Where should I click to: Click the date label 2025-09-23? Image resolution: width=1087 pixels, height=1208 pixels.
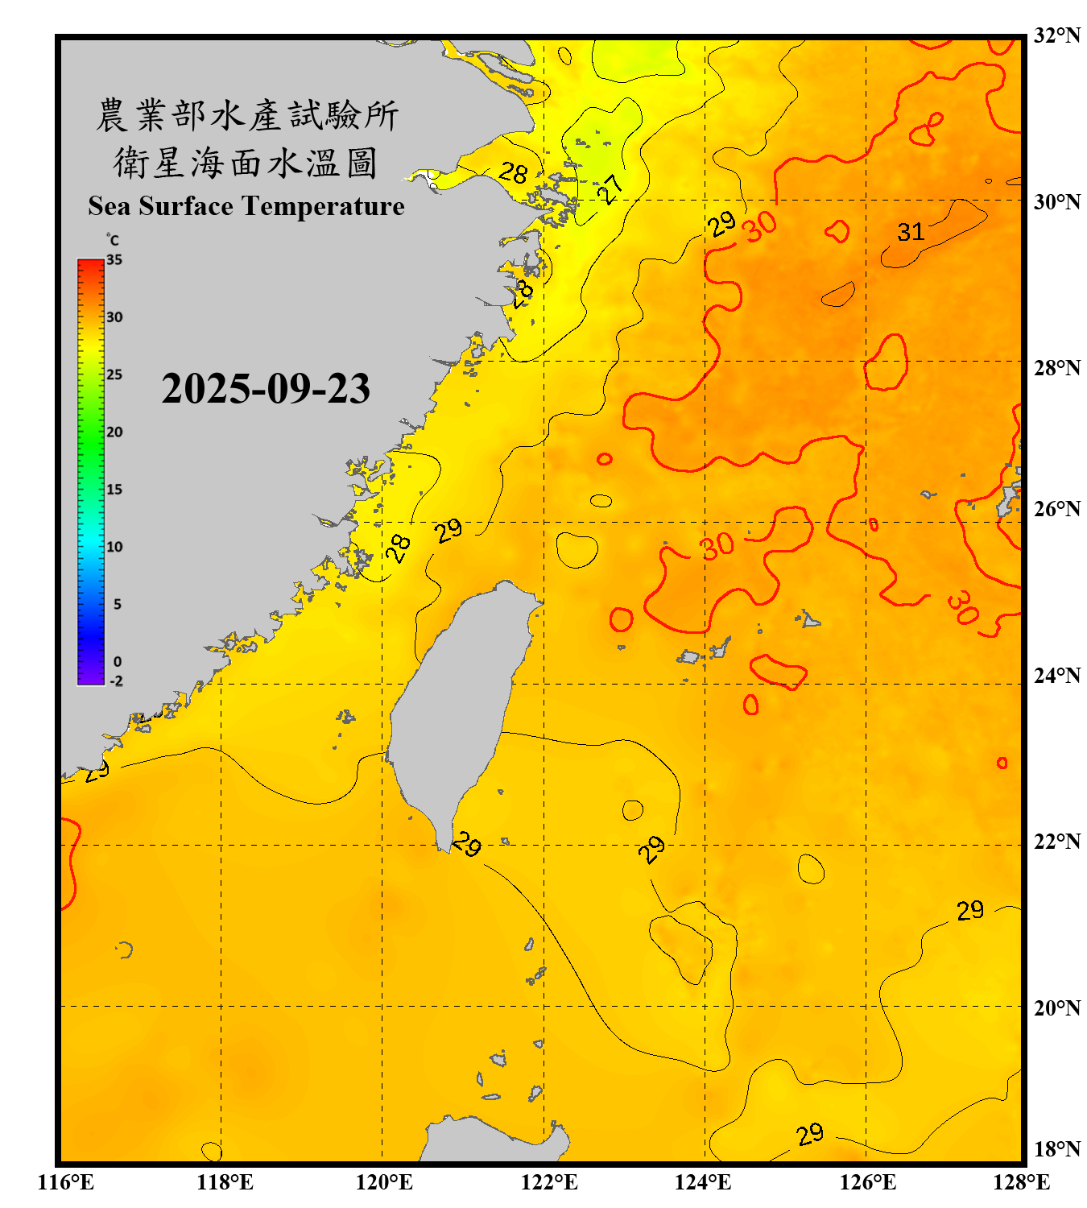click(266, 388)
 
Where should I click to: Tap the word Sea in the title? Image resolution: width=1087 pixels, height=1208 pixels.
click(110, 206)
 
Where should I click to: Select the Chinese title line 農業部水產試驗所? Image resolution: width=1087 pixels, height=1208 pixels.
click(246, 115)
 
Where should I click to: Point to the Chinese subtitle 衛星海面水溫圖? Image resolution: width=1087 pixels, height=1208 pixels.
click(246, 163)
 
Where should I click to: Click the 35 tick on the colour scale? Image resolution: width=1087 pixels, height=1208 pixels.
click(114, 259)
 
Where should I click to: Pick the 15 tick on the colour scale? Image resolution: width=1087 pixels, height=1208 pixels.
click(114, 489)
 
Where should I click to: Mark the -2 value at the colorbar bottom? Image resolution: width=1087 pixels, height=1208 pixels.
click(116, 681)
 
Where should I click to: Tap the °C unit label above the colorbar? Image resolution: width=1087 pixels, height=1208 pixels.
click(113, 240)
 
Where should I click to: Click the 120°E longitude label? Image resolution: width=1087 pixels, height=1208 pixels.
click(384, 1182)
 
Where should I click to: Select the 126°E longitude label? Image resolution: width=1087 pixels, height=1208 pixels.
click(867, 1182)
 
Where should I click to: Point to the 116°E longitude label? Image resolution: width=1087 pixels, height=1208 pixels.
click(66, 1182)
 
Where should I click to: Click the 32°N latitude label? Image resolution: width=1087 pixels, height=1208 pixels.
click(1056, 35)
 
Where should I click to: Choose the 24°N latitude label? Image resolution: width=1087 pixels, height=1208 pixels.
click(1056, 675)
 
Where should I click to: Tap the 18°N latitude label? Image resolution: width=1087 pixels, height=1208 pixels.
click(1056, 1149)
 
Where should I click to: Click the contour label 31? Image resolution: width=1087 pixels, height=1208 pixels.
click(911, 232)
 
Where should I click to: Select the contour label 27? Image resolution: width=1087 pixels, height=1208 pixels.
click(610, 189)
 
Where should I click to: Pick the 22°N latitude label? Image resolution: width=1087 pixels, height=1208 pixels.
click(1056, 842)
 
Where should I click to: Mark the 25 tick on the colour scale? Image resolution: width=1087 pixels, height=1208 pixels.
click(114, 374)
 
